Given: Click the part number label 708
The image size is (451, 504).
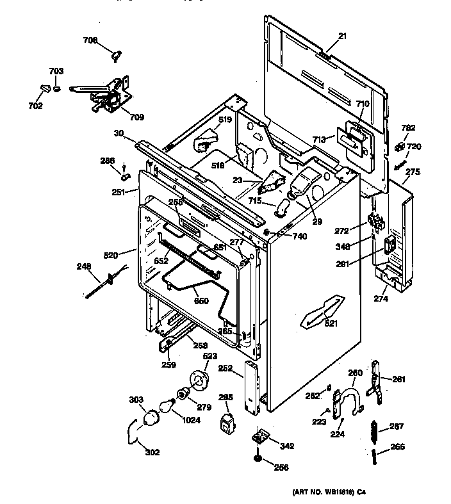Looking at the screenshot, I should click(x=90, y=40).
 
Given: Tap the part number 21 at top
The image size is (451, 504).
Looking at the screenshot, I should click(x=342, y=37).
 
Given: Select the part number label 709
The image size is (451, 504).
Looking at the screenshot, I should click(x=136, y=117).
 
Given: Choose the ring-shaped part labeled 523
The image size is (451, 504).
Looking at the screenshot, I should click(x=200, y=380).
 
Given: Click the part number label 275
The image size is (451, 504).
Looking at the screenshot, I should click(x=413, y=172).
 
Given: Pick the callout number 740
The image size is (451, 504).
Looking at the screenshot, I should click(x=300, y=236).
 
